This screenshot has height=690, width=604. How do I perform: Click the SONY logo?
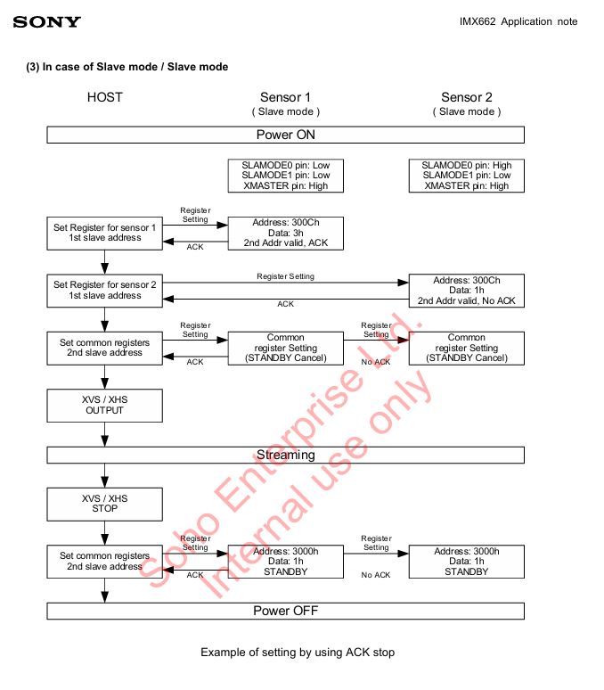46,21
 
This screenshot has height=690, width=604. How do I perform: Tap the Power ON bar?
285,136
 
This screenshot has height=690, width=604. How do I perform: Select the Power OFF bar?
285,611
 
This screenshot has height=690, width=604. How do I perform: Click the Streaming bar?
285,455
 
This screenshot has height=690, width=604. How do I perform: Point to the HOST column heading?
105,97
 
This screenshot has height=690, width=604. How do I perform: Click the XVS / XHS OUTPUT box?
105,406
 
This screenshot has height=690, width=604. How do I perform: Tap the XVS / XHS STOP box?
105,504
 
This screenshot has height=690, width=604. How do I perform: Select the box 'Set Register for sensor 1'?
105,234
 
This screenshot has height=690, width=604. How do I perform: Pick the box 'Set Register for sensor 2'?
105,290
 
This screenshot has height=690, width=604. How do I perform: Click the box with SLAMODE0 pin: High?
467,176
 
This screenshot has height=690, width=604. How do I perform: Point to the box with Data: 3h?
285,232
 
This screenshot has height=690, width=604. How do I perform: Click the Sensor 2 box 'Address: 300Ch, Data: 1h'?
467,291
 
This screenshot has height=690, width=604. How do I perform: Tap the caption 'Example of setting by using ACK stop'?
297,653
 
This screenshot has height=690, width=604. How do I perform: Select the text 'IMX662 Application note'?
518,21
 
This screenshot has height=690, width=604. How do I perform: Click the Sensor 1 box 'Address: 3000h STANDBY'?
285,562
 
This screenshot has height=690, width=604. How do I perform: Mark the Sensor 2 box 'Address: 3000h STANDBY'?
467,562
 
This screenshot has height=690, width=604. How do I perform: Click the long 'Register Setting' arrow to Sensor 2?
285,283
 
